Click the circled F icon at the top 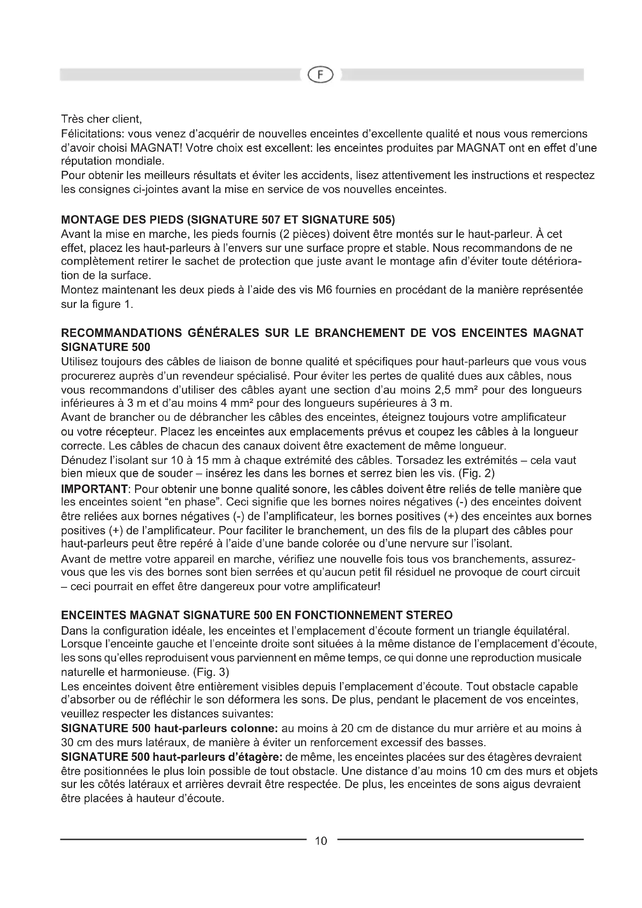(x=321, y=75)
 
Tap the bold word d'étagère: (x=255, y=757)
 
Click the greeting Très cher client (x=101, y=119)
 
